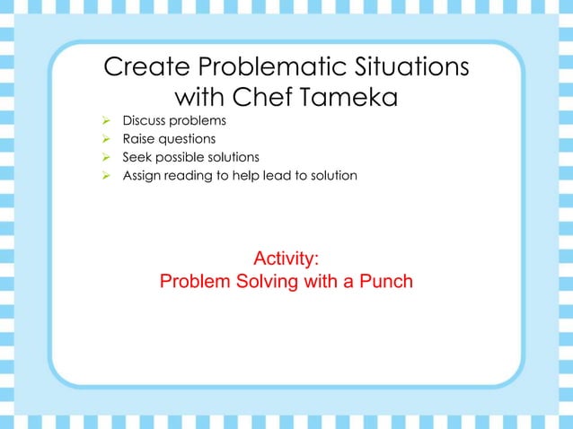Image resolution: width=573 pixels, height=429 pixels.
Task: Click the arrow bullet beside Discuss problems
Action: pos(105,120)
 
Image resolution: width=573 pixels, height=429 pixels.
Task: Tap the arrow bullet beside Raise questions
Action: pos(105,138)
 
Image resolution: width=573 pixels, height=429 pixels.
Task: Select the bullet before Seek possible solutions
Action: pos(105,157)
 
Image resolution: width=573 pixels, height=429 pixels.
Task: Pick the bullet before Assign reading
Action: pos(105,175)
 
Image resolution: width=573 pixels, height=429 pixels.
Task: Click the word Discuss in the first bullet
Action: pos(145,120)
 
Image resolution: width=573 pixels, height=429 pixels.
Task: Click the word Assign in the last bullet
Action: pos(143,175)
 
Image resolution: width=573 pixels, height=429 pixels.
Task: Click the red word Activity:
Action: pos(286,258)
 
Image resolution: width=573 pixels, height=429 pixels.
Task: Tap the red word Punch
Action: pos(385,282)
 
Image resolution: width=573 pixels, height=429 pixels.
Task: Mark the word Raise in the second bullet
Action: pos(138,138)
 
